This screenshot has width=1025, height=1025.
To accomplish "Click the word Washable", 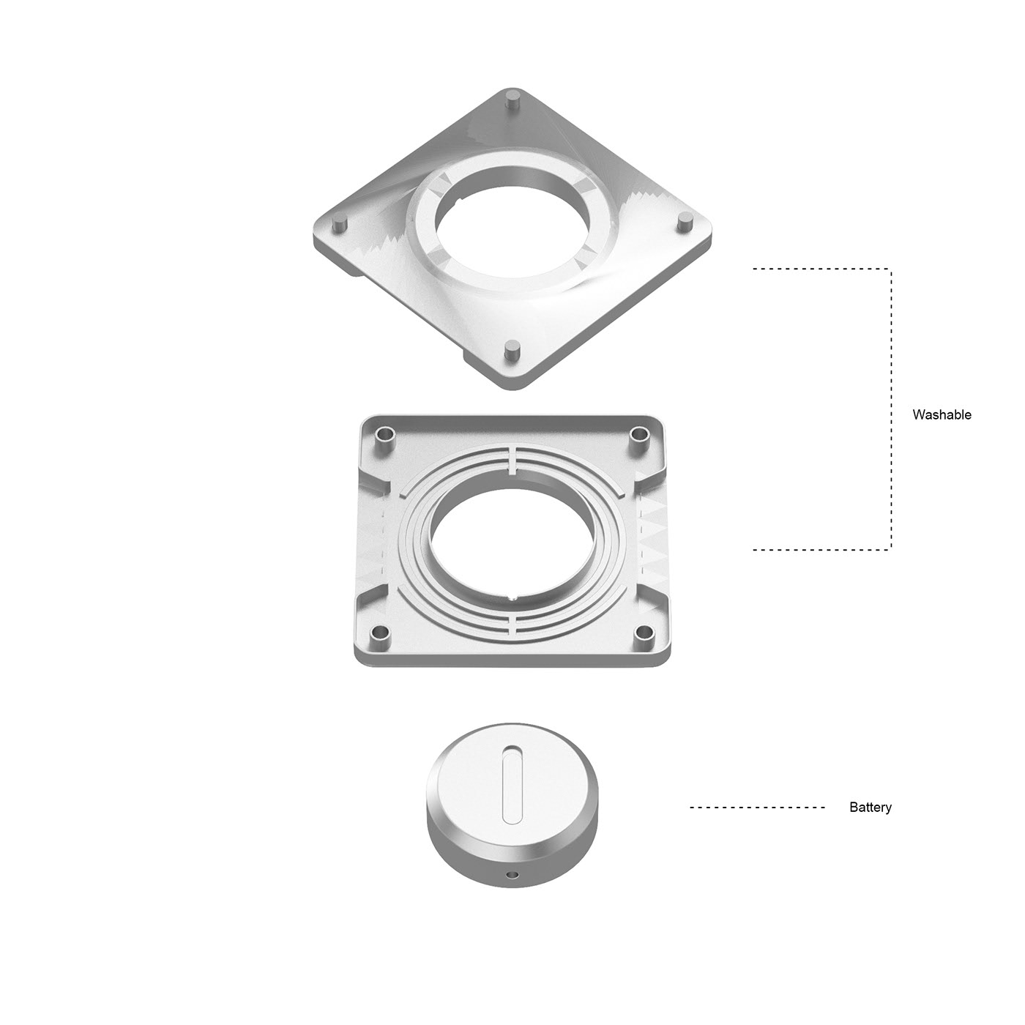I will (942, 414).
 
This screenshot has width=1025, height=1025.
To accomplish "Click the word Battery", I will (870, 808).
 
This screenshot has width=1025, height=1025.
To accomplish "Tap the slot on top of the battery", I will (511, 782).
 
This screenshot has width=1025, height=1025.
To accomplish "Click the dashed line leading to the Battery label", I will (757, 808).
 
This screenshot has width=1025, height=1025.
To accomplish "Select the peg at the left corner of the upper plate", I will (338, 223).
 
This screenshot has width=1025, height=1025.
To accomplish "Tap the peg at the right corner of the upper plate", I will (685, 222).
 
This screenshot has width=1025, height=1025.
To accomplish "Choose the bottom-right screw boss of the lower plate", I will (644, 632).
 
